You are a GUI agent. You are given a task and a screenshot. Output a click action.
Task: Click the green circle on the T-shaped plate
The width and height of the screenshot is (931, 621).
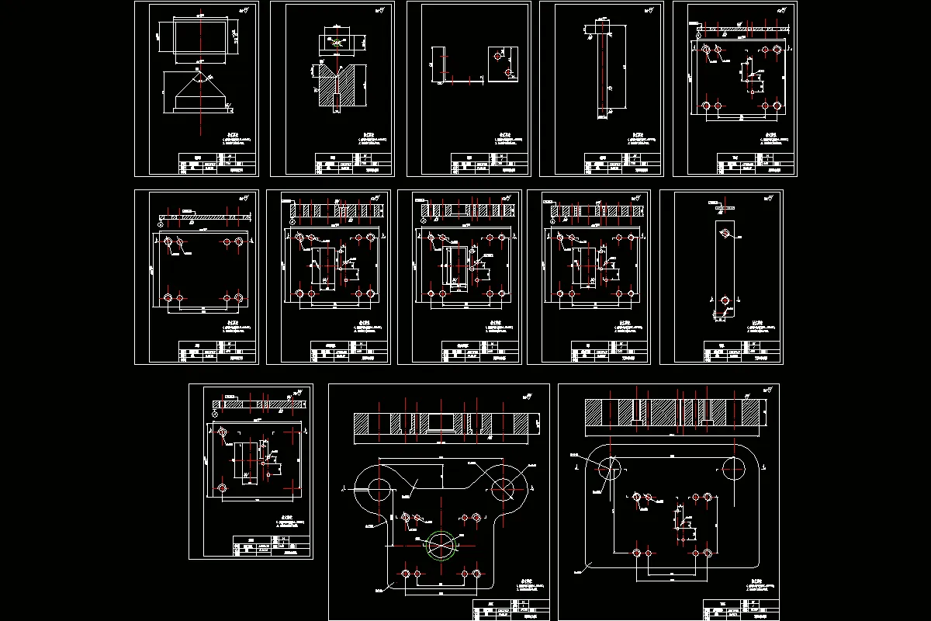[x=441, y=544]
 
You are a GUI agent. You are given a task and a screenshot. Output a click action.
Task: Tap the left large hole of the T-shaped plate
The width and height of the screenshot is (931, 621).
[x=379, y=488]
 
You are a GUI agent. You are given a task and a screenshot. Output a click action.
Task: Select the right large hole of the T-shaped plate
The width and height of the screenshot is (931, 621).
[x=503, y=488]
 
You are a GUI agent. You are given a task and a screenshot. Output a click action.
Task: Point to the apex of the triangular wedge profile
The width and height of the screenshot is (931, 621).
[x=201, y=71]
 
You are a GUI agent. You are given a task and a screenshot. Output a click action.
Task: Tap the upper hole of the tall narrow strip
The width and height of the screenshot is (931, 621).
[x=723, y=232]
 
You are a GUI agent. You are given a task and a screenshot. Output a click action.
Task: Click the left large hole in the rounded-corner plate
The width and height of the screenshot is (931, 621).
[x=610, y=467]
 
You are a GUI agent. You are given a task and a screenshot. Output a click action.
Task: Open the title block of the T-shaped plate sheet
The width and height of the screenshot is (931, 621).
[x=510, y=610]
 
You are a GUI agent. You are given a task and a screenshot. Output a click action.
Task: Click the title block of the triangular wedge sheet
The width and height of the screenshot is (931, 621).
[x=216, y=164]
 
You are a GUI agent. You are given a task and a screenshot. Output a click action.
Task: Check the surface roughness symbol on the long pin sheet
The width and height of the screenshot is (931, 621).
[x=650, y=9]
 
